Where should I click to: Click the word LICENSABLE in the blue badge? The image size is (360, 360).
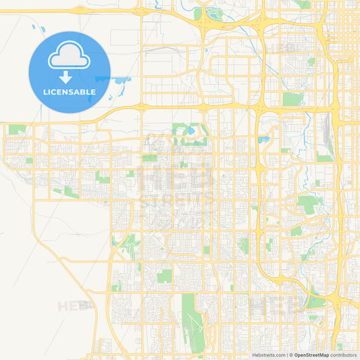point(69,92)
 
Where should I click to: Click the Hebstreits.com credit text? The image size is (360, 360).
point(267,354)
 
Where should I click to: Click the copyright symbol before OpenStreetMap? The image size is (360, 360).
point(291,354)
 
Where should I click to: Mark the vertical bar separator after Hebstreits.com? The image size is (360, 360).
point(286,354)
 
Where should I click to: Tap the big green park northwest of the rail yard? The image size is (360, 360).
point(292,99)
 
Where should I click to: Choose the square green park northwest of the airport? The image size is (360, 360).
point(164,276)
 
